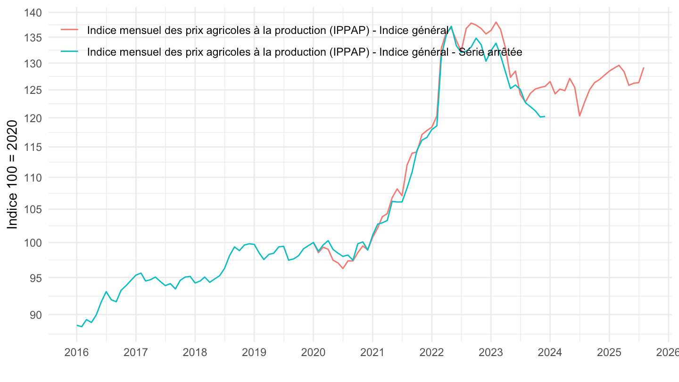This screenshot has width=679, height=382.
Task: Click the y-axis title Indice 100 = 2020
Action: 13,174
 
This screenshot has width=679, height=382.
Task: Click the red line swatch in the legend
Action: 70,30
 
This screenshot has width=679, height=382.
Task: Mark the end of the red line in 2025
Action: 644,67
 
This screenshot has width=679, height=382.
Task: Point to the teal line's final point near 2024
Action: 545,116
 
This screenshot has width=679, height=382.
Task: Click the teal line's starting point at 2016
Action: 76,325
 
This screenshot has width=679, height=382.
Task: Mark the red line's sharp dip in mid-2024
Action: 580,116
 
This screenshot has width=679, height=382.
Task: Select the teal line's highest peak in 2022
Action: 451,26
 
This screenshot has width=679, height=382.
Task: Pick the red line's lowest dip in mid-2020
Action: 343,268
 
